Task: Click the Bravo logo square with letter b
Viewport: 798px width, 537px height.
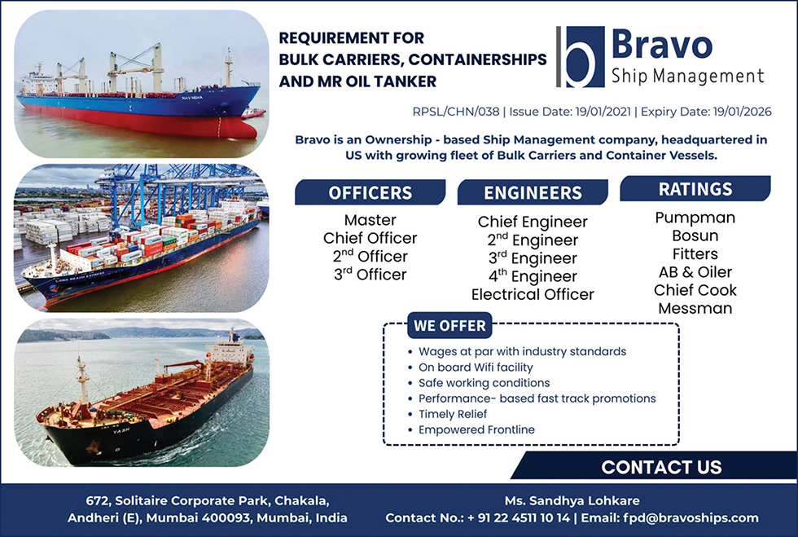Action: click(x=585, y=56)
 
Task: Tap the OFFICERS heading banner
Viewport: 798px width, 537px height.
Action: click(x=370, y=192)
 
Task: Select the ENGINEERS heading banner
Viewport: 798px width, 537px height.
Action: click(x=533, y=192)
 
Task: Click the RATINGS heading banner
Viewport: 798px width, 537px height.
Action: click(x=695, y=188)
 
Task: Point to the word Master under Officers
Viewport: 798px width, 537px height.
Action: click(x=370, y=220)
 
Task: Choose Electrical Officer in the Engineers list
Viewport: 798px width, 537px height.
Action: click(x=533, y=294)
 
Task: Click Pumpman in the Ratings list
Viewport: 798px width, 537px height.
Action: click(x=695, y=218)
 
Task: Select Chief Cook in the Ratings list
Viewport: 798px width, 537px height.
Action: click(x=695, y=290)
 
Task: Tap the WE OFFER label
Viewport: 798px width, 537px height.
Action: click(x=449, y=326)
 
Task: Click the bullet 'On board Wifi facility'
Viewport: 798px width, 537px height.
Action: click(x=476, y=368)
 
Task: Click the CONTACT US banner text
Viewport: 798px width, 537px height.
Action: click(x=661, y=467)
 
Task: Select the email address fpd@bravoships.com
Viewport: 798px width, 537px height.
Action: click(x=691, y=518)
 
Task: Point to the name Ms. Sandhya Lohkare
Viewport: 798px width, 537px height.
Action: click(x=572, y=501)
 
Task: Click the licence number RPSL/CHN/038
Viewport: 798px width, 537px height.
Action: click(x=456, y=112)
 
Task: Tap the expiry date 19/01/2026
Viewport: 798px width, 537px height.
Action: click(x=742, y=112)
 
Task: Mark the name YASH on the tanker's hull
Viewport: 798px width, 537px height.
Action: click(x=121, y=430)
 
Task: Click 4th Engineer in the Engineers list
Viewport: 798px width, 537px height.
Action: click(x=533, y=276)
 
